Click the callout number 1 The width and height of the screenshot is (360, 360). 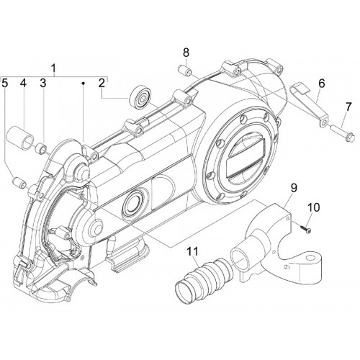[x=54, y=68]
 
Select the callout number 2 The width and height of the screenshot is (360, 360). [x=102, y=84]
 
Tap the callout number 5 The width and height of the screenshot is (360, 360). [x=5, y=84]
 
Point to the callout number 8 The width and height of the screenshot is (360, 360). [x=186, y=53]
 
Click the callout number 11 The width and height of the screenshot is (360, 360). [x=193, y=251]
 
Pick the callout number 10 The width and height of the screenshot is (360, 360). [x=315, y=207]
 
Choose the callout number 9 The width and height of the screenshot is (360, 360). [x=294, y=188]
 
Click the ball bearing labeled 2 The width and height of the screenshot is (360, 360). [x=140, y=98]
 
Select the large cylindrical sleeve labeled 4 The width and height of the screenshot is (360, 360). [x=20, y=137]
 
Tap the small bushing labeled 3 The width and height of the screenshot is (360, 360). [x=40, y=148]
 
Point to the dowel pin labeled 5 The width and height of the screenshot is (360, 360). [x=20, y=182]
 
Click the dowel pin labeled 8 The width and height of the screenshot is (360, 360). [x=184, y=71]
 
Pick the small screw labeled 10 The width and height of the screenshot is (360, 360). [x=305, y=229]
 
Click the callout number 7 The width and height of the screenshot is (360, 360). [x=348, y=107]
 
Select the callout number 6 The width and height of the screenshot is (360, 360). [x=322, y=84]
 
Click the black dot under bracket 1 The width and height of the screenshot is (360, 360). [x=84, y=83]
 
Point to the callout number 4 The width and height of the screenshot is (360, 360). [x=23, y=84]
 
